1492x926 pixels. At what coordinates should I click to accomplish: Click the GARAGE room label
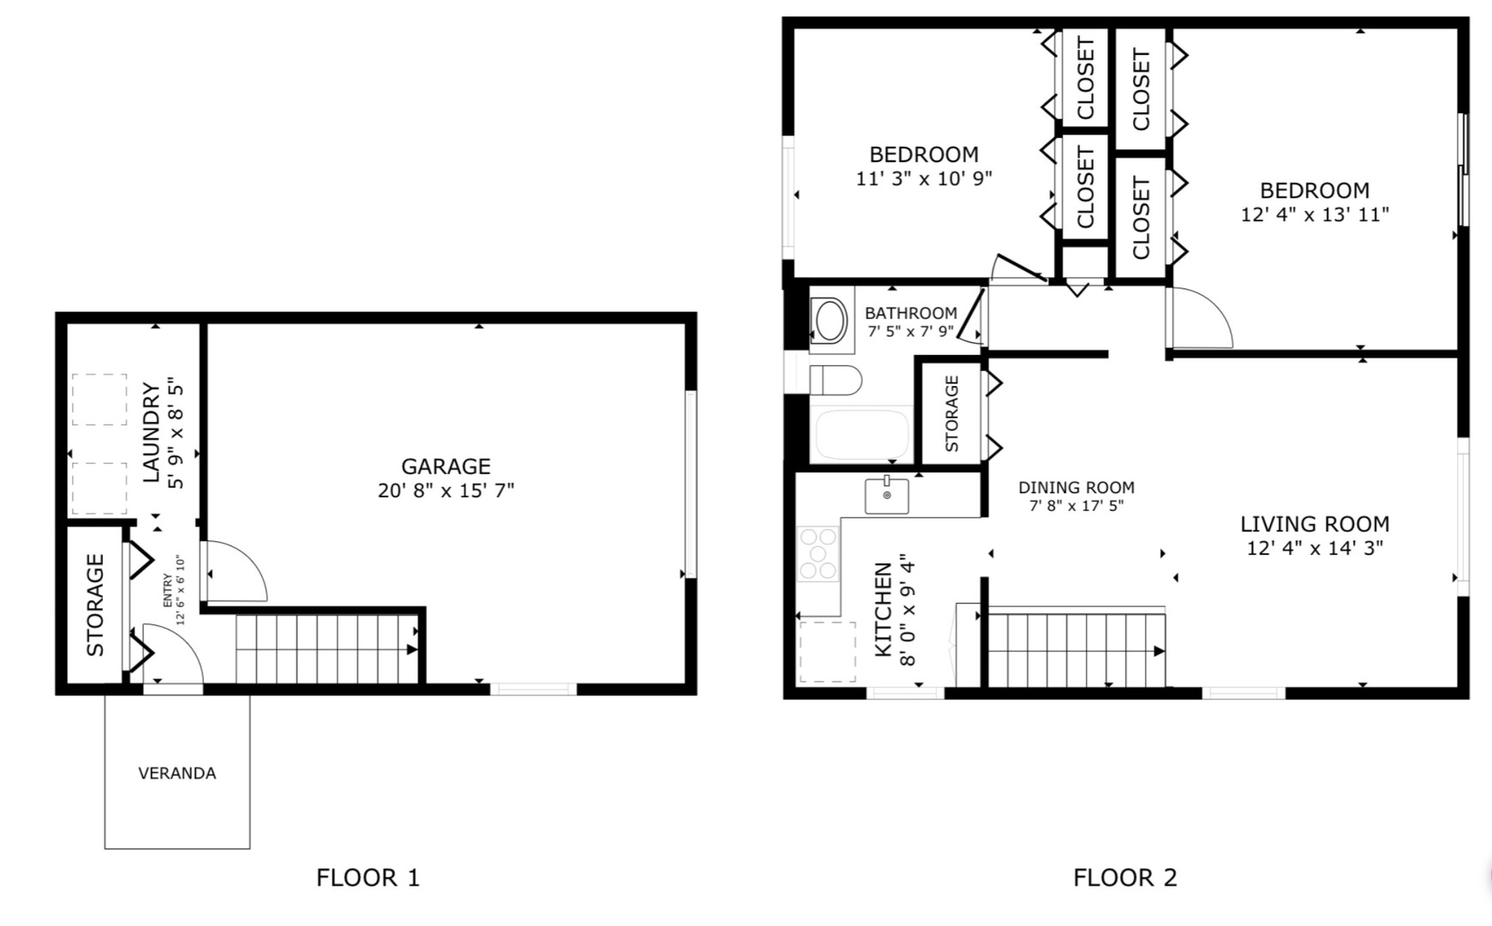pyautogui.click(x=446, y=466)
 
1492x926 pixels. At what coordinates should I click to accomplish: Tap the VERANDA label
pyautogui.click(x=177, y=773)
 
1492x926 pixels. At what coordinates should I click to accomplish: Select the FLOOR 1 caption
pyautogui.click(x=368, y=878)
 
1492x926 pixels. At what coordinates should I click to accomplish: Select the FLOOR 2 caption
pyautogui.click(x=1125, y=878)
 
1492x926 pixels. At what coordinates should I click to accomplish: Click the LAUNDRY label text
pyautogui.click(x=151, y=433)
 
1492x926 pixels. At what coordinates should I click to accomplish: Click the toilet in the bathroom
pyautogui.click(x=836, y=381)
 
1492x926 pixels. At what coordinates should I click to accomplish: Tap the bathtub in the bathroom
pyautogui.click(x=862, y=436)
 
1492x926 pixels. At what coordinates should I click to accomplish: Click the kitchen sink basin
pyautogui.click(x=887, y=495)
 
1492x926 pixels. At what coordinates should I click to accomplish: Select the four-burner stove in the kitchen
pyautogui.click(x=818, y=554)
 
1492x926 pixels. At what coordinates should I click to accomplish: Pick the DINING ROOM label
pyautogui.click(x=1076, y=488)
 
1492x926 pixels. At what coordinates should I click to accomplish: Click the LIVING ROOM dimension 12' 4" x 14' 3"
pyautogui.click(x=1315, y=548)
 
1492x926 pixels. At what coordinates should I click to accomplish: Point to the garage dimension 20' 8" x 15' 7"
pyautogui.click(x=446, y=491)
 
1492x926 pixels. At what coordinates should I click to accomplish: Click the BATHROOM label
pyautogui.click(x=911, y=314)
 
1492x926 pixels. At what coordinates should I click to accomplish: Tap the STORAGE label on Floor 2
pyautogui.click(x=951, y=413)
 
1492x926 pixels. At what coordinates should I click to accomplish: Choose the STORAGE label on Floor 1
pyautogui.click(x=95, y=605)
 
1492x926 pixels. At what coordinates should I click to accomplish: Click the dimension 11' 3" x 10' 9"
pyautogui.click(x=924, y=179)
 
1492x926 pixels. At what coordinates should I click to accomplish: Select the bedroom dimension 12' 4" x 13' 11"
pyautogui.click(x=1315, y=215)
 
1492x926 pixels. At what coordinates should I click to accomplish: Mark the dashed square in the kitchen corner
pyautogui.click(x=827, y=652)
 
